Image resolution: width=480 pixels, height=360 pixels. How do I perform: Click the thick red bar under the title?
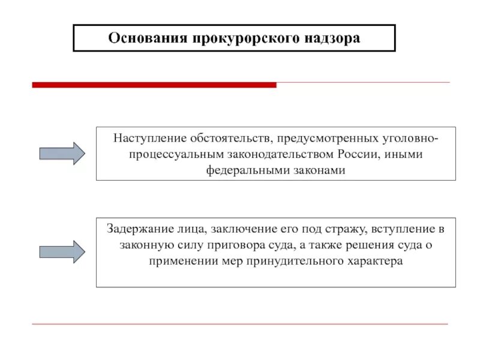(x=154, y=85)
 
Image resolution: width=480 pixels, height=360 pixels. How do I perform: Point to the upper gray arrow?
(x=62, y=154)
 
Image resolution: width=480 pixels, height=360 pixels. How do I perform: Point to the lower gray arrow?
(x=62, y=251)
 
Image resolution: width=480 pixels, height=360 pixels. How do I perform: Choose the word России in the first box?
(x=358, y=155)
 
